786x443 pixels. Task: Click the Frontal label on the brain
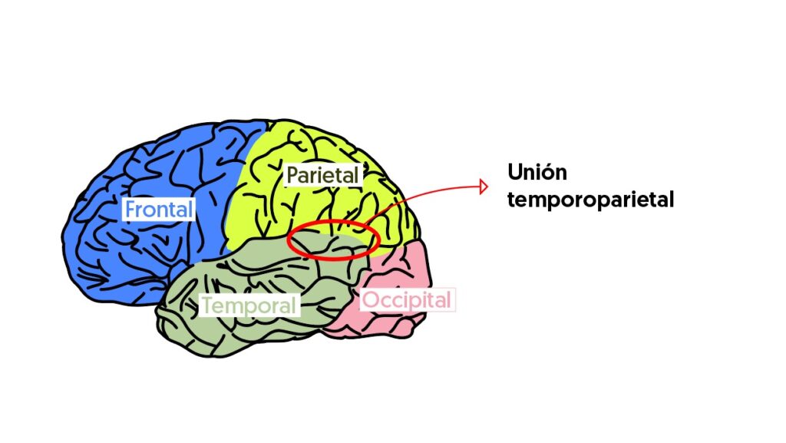point(159,209)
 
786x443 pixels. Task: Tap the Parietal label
point(322,175)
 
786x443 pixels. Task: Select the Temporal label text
point(248,306)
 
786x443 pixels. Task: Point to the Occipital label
point(406,299)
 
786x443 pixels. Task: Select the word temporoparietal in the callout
point(590,200)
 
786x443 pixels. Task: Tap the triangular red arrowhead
point(484,187)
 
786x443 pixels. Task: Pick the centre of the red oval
point(333,240)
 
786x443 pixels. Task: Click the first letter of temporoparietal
point(512,200)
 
